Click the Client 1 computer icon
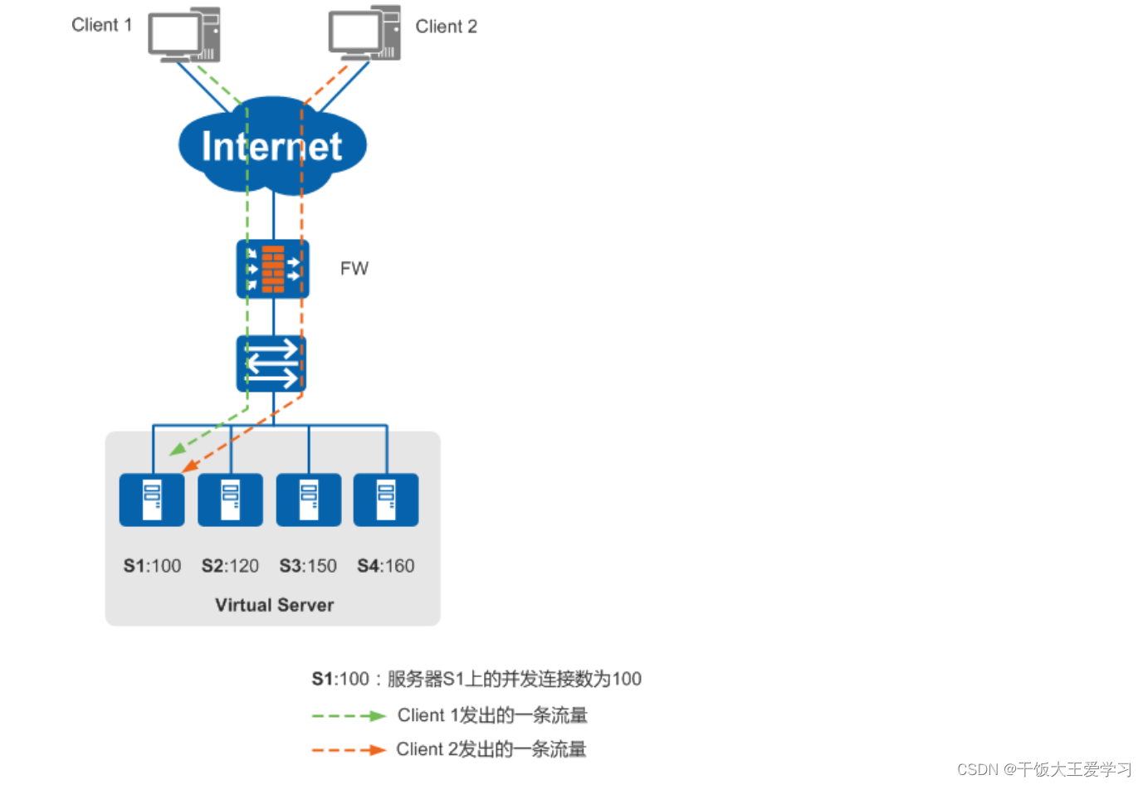184,35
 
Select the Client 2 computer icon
364,34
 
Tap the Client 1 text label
101,25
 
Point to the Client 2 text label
446,27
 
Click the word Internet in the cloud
271,147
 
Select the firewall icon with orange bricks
272,269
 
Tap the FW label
354,269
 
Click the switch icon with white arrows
271,364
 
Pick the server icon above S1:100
152,500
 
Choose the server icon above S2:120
230,500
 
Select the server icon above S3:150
308,500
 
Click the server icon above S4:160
386,500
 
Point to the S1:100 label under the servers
152,566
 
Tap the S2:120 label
230,566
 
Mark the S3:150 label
308,566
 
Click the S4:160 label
386,566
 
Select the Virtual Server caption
274,605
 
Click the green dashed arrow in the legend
349,715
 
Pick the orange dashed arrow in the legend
349,750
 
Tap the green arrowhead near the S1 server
177,451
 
